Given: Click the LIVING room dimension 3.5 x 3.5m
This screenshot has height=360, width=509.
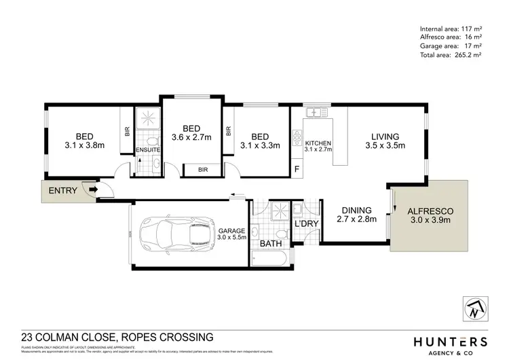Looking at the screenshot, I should coord(384,145).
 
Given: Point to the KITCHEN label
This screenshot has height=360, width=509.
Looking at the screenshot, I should coord(318,143).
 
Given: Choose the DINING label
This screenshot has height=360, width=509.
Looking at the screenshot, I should coord(356,210).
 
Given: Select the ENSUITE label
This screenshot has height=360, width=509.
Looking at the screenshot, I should coord(147,150).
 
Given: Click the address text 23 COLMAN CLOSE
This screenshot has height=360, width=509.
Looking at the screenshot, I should coord(77,337).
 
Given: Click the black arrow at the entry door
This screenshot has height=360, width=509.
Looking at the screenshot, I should coord(92,191).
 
